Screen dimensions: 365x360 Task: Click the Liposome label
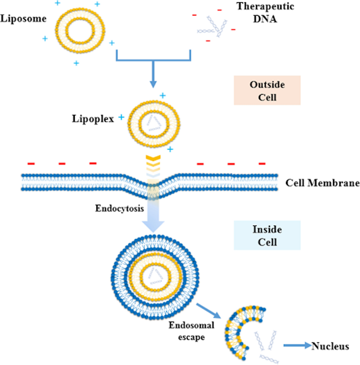23,19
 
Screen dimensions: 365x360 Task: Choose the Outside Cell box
267,90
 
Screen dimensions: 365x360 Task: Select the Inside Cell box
267,235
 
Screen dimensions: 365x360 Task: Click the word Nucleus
330,346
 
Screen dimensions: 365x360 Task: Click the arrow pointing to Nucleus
297,346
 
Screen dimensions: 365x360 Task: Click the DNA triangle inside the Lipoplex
154,124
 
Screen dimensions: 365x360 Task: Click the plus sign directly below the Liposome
77,63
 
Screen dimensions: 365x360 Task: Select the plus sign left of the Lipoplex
121,117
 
